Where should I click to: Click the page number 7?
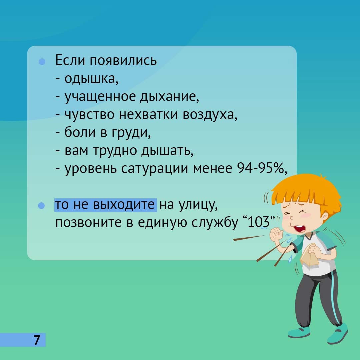(x=37, y=340)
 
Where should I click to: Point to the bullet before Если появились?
(x=42, y=62)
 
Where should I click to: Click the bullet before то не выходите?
(x=41, y=206)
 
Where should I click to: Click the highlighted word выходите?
(x=124, y=205)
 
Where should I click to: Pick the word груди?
(x=131, y=133)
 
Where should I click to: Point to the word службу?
(x=215, y=222)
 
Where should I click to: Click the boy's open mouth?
(x=300, y=228)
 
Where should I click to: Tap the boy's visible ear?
(x=324, y=217)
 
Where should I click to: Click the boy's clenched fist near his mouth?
(x=277, y=234)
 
